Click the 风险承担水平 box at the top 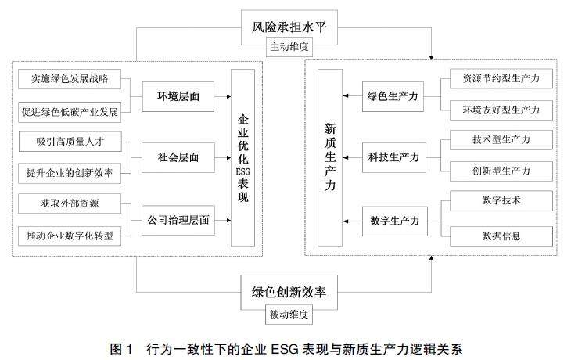pos(285,29)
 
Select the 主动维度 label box pos(285,47)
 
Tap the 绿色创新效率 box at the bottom pos(285,293)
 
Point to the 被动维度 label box pos(285,313)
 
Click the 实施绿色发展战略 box pos(70,79)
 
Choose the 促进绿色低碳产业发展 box pos(70,111)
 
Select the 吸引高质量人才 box pos(70,142)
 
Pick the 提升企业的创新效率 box pos(70,172)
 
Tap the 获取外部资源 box pos(70,203)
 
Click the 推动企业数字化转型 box pos(70,235)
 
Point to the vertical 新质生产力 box pos(329,157)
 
